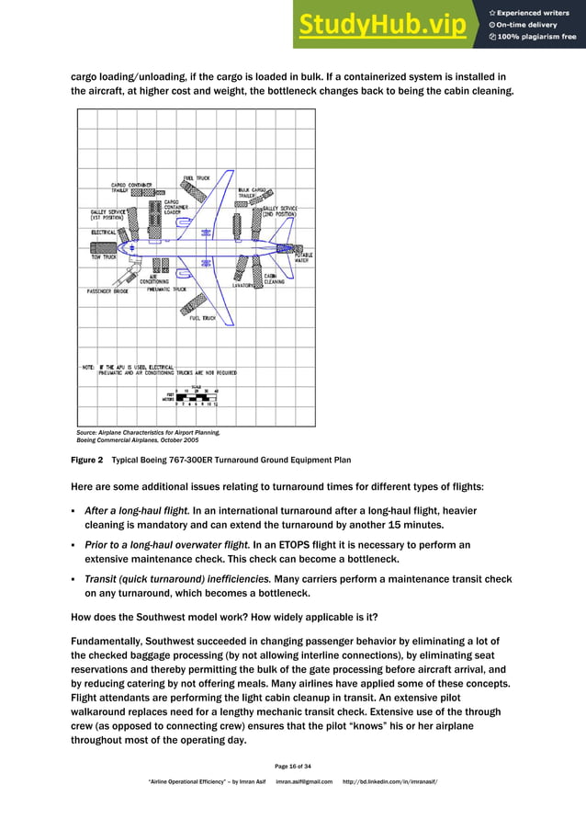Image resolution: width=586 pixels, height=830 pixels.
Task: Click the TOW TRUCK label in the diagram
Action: point(103,256)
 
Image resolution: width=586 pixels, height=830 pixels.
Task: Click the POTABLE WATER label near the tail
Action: point(303,257)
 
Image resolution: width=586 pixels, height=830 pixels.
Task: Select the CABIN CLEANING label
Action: point(274,279)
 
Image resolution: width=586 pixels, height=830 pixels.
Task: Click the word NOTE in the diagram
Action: point(88,366)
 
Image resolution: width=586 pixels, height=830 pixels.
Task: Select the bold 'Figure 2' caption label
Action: point(87,460)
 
